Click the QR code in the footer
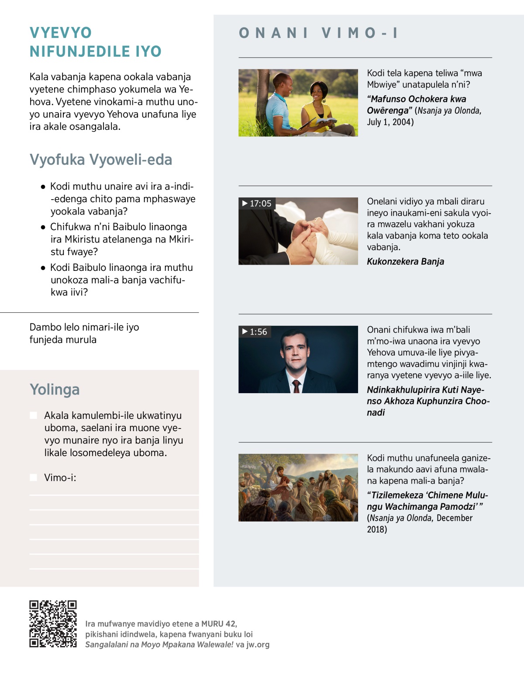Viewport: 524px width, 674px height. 53,624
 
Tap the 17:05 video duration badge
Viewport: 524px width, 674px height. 257,204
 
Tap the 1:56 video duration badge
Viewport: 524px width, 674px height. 255,332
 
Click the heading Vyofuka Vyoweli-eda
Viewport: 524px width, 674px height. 101,160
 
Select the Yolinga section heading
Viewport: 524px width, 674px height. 55,389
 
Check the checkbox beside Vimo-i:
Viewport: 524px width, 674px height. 34,477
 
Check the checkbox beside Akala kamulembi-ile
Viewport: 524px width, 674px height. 34,415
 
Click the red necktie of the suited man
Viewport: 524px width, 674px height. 296,386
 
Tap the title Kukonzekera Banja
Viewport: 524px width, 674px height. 405,262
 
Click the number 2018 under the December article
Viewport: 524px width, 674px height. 377,529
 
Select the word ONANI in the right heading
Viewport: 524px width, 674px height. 273,33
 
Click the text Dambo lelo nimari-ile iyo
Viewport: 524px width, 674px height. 84,327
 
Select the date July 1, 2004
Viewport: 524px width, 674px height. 390,122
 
